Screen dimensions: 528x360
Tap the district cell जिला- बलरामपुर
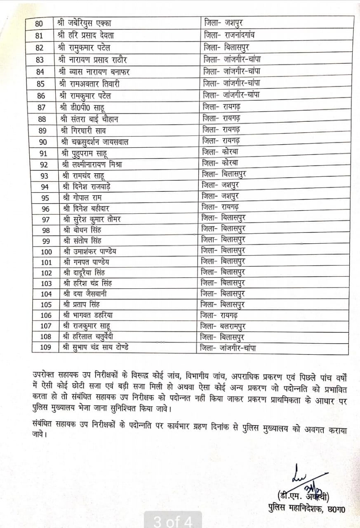pos(226,325)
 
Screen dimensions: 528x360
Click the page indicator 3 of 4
pos(173,521)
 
